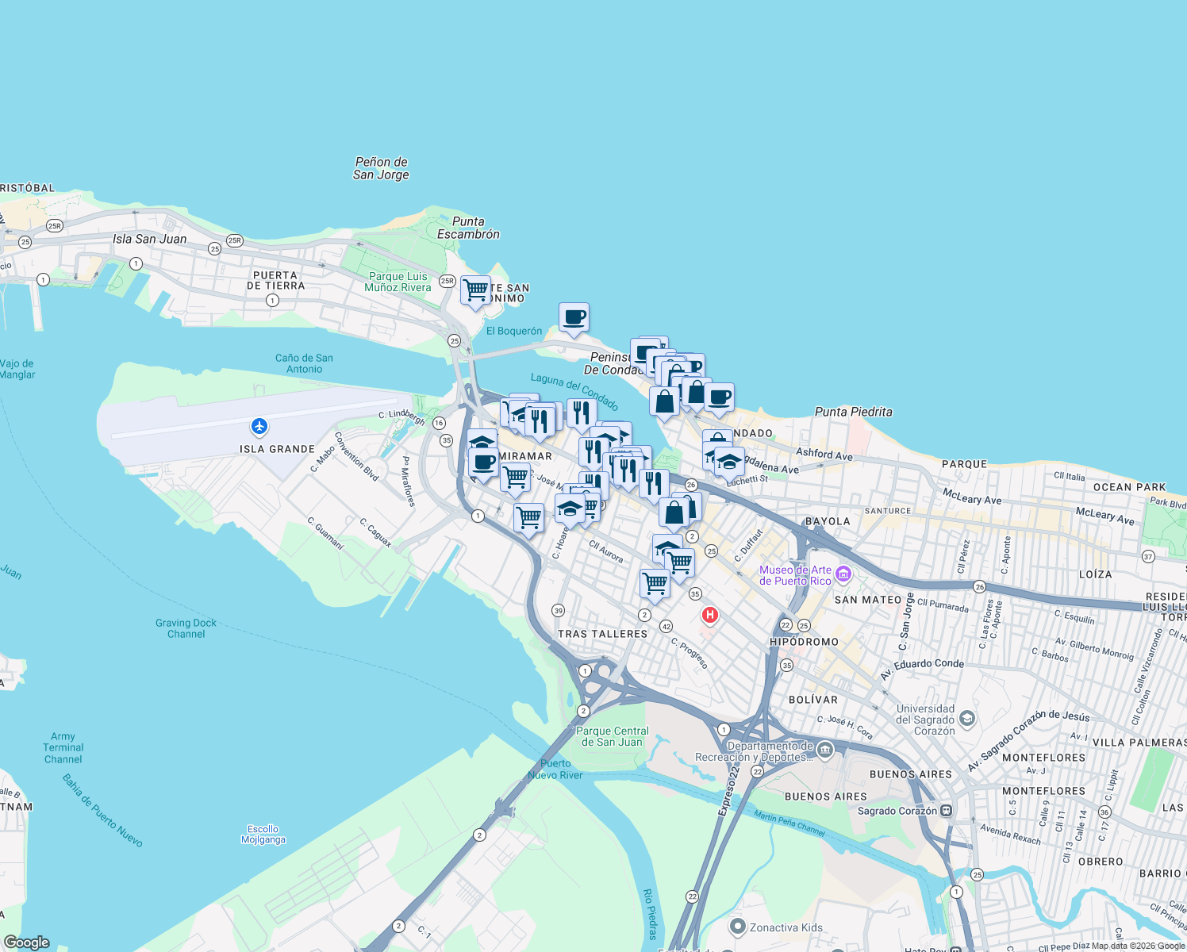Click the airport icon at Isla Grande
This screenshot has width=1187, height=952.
(259, 427)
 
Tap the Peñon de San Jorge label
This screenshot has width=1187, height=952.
(381, 168)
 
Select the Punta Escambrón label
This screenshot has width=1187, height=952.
(468, 228)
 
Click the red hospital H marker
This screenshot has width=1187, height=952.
(709, 615)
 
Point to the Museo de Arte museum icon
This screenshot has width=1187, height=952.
(843, 574)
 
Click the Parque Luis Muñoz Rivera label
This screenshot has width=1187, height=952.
(398, 282)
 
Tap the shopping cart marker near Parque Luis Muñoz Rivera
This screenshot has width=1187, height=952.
(476, 291)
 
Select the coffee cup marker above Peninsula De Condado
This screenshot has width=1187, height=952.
(574, 317)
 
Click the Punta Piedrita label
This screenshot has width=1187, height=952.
(853, 412)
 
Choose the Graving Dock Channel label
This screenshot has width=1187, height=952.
(186, 628)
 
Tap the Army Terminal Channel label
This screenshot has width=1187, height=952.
(63, 748)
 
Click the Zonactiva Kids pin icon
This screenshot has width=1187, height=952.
(738, 927)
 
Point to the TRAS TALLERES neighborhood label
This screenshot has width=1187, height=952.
(602, 634)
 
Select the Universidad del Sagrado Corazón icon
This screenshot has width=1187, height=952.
(966, 719)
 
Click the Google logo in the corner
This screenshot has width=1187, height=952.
(27, 942)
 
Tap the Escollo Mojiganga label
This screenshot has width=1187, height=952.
(263, 835)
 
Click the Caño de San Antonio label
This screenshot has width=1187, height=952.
(304, 363)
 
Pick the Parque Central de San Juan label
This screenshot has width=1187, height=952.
(612, 736)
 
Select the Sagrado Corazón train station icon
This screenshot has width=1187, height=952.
(946, 811)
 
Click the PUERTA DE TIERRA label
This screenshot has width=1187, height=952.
(275, 281)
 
